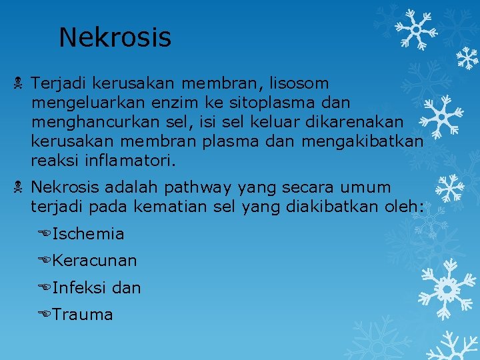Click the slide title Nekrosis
(115, 37)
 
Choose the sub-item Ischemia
(87, 234)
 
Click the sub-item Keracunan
(94, 261)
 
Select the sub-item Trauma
(83, 315)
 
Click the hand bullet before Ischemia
(45, 234)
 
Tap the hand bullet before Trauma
(45, 315)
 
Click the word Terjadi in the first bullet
(59, 83)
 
